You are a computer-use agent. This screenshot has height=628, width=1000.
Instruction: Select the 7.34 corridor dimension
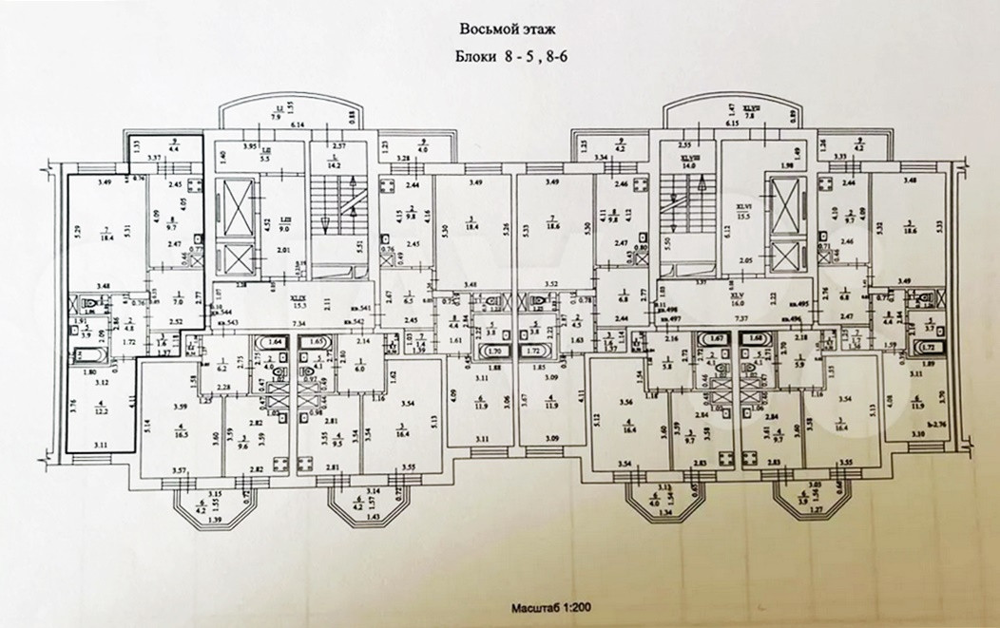(x=298, y=325)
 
